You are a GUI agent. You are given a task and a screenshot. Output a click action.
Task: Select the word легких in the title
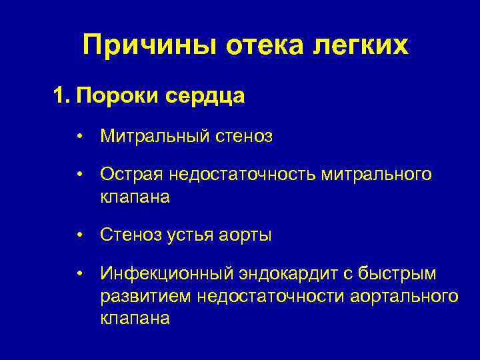coord(362,46)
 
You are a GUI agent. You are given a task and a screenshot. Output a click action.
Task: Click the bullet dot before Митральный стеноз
coord(79,137)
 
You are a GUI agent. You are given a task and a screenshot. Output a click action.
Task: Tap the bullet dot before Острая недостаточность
coord(79,175)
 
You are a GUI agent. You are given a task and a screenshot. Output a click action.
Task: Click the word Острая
coord(131,175)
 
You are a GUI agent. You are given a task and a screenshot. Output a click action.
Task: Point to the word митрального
coord(377,175)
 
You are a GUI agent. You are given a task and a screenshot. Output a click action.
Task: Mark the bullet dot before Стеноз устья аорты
coord(79,235)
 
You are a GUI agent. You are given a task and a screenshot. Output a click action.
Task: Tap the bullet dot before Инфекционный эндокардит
coord(79,273)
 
